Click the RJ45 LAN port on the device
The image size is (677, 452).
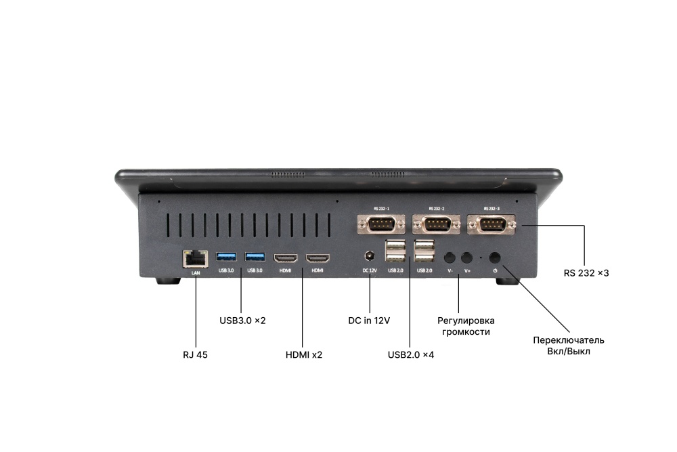coord(196,258)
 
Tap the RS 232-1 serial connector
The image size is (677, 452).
coord(381,224)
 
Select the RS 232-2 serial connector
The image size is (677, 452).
coord(436,224)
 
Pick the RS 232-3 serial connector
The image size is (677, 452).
coord(491,224)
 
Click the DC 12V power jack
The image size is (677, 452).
coord(370,256)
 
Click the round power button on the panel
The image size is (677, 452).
coord(495,258)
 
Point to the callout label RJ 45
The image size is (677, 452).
coord(195,355)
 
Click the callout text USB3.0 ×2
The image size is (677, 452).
coord(242,321)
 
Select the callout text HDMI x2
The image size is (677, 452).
coord(304,355)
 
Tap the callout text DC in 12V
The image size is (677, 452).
coord(369,321)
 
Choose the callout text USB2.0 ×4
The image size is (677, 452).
coord(411,355)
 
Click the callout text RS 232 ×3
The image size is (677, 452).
coord(586,273)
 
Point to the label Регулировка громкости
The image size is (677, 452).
coord(466,326)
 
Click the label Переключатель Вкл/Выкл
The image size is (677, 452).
coord(569,346)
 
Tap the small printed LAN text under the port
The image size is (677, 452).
coord(196,273)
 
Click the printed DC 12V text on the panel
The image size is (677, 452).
coord(370,270)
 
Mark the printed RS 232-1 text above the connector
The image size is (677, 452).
coord(382,209)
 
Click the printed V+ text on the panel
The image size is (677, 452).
coord(467,271)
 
